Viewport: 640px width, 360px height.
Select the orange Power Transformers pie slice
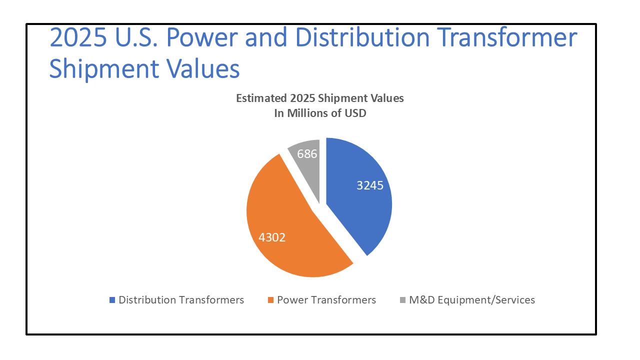(x=290, y=220)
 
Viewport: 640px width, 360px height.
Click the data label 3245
(x=370, y=185)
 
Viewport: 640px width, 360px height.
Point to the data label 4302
(x=272, y=237)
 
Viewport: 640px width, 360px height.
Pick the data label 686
(x=307, y=154)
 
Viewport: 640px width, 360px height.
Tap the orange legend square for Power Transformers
(x=271, y=300)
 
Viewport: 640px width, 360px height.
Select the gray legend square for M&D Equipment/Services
(x=403, y=300)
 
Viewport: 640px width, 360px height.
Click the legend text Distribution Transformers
(x=181, y=300)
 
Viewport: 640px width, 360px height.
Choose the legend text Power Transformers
(x=326, y=300)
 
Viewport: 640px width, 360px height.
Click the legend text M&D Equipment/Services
(x=472, y=300)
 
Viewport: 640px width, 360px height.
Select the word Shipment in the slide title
(x=109, y=69)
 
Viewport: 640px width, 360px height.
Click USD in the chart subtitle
(x=355, y=113)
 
